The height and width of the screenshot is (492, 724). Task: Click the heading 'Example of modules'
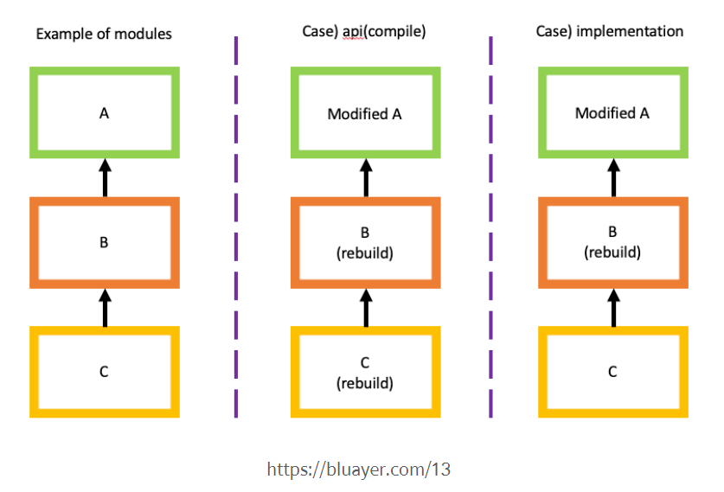point(103,35)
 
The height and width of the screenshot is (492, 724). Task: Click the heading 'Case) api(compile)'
point(364,32)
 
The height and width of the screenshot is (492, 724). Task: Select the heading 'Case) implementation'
point(612,32)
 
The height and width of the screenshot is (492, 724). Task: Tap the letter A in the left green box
point(104,113)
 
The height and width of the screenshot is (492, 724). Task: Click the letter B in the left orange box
point(104,243)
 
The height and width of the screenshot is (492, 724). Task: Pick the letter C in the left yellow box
point(104,372)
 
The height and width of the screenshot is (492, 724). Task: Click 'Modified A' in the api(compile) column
point(364,114)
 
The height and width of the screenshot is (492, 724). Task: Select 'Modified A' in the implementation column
point(612,113)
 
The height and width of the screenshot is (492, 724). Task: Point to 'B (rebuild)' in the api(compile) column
point(364,243)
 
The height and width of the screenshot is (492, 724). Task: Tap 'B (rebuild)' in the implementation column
point(612,243)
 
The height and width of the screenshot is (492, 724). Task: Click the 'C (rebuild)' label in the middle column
point(364,373)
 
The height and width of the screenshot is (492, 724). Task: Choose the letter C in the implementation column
point(612,372)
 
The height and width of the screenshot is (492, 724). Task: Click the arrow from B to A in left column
point(105,177)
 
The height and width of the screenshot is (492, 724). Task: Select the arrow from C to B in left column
point(105,308)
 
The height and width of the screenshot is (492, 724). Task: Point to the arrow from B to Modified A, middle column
point(365,177)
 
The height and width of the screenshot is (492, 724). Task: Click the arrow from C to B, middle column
point(365,308)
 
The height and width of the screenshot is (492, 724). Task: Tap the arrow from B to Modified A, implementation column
point(613,177)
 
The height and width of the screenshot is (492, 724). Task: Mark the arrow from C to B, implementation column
point(613,308)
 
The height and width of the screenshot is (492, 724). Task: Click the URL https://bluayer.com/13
point(358,470)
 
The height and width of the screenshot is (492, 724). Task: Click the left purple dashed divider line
point(235,225)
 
